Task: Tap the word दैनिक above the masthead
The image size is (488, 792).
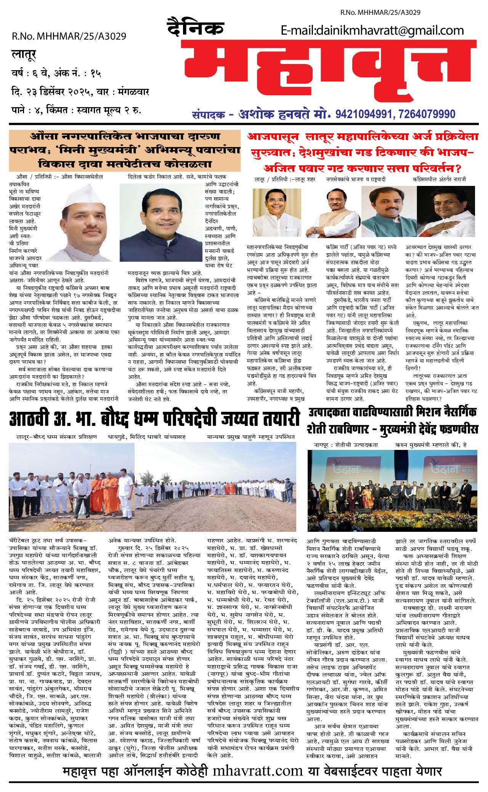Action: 195,28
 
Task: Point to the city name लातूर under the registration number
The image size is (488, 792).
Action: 24,55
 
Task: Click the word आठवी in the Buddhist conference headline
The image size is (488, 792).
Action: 29,419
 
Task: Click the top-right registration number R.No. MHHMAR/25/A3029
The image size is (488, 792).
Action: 380,12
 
